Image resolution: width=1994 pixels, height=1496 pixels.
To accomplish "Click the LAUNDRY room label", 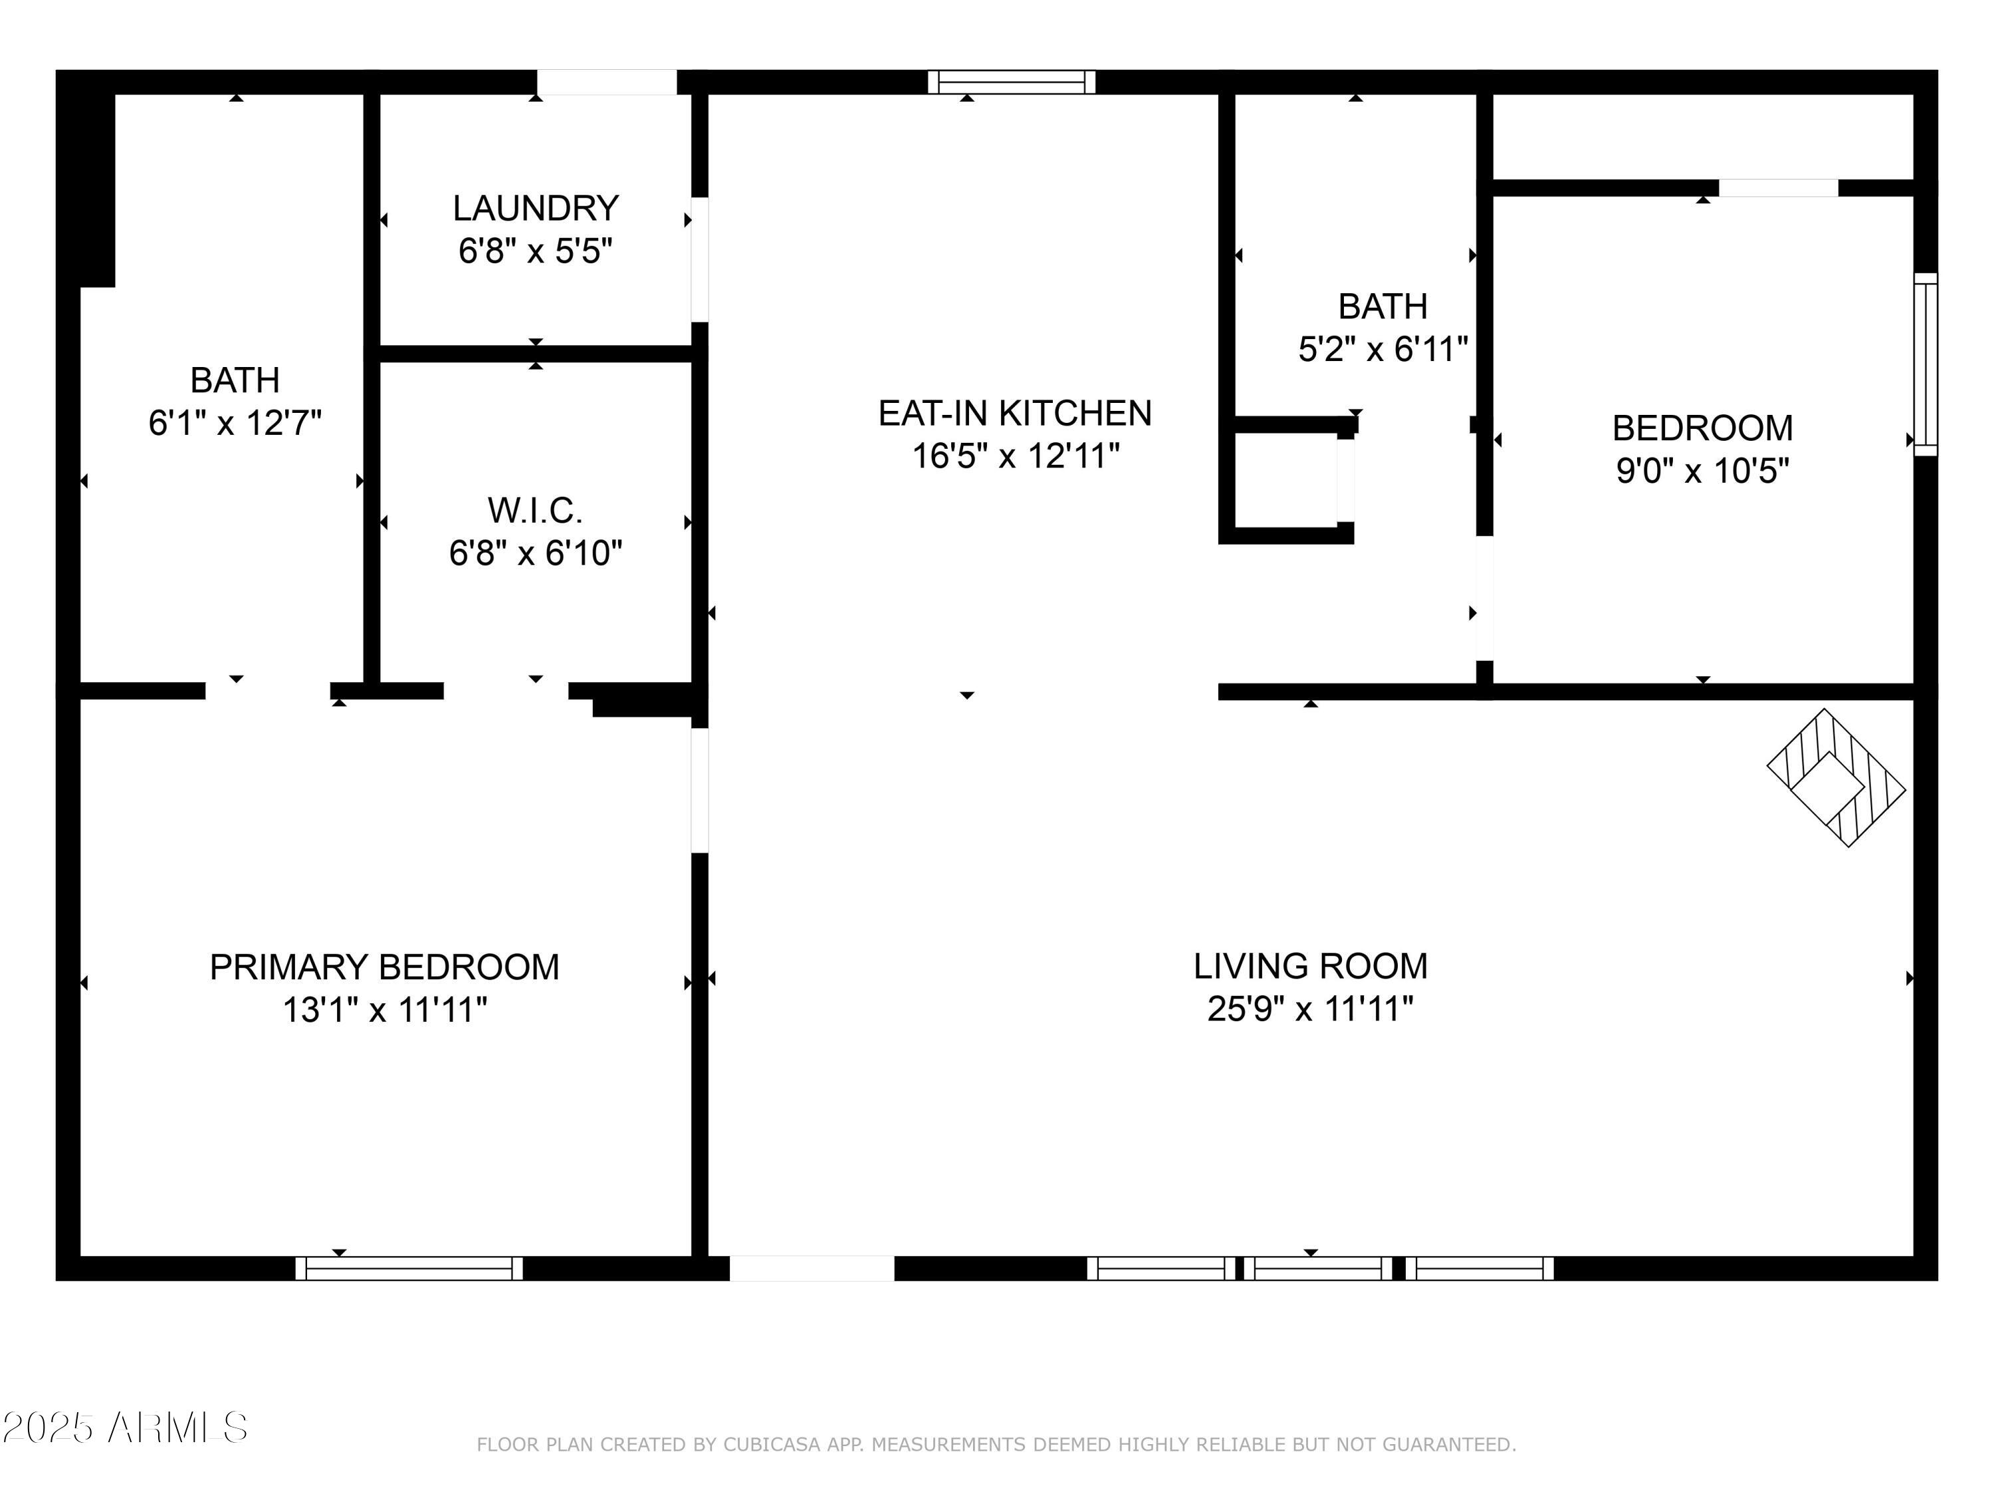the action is (x=536, y=208).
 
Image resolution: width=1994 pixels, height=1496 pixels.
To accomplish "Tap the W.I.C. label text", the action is (x=536, y=511).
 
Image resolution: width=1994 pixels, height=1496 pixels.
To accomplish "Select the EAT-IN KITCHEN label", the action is (x=1015, y=413).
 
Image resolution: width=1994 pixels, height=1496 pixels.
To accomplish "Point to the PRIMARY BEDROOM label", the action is (x=385, y=967).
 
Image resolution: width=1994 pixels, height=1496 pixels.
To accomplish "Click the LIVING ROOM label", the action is (x=1311, y=966).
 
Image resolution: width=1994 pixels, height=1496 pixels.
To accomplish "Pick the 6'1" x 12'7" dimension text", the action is (x=235, y=422).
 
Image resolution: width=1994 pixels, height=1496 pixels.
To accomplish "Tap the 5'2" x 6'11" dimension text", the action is (x=1383, y=348).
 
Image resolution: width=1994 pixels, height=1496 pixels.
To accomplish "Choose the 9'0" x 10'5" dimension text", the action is (x=1703, y=470).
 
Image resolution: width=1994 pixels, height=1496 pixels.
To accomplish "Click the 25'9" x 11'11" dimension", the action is (x=1311, y=1008).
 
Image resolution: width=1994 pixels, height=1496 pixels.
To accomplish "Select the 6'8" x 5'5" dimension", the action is (x=536, y=250).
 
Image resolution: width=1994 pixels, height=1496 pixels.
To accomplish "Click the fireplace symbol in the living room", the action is (x=1836, y=777).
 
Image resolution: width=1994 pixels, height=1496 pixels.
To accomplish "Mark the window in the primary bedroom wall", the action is (x=409, y=1268).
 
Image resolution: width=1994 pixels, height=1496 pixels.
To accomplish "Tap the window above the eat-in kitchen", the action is (x=1012, y=82).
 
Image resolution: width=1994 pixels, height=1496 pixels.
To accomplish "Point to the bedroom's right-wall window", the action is (x=1926, y=364).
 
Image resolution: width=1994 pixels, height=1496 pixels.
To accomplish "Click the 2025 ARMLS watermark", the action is (x=124, y=1428).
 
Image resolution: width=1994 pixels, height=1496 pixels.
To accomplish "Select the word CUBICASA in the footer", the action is (x=772, y=1445).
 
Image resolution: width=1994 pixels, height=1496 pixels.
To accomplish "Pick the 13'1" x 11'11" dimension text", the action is (x=385, y=1009).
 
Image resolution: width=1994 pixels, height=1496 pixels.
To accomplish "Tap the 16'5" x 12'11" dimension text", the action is (x=1015, y=455).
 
